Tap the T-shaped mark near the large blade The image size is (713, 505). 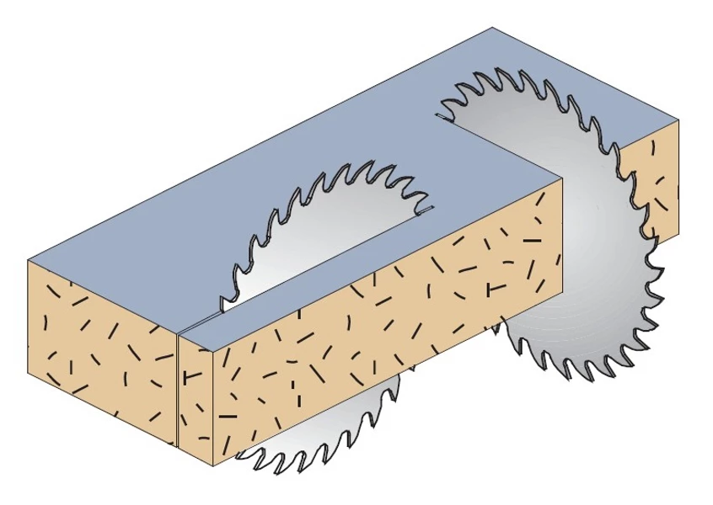click(495, 290)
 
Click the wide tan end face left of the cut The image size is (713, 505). click(101, 353)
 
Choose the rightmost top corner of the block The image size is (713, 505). click(678, 120)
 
